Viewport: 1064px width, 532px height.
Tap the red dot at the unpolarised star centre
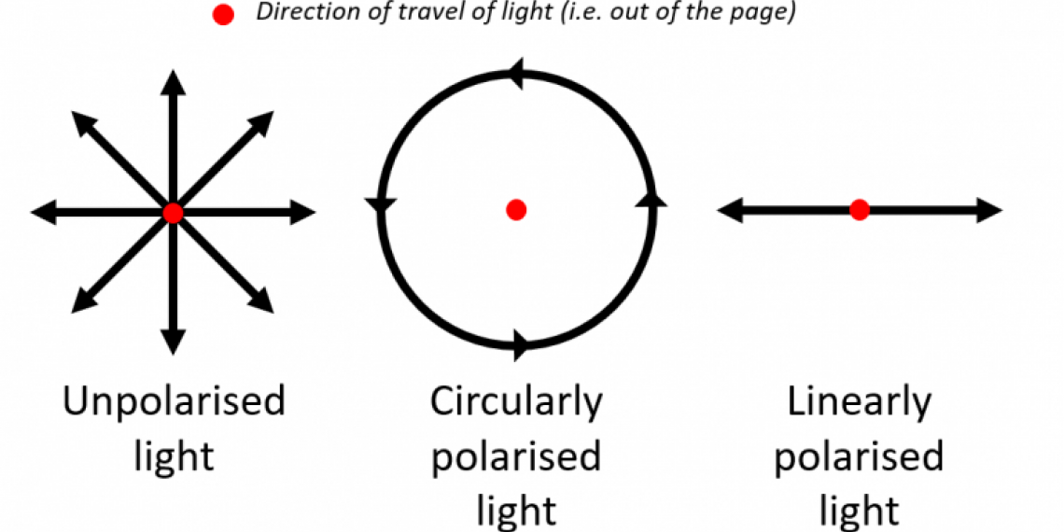click(x=172, y=213)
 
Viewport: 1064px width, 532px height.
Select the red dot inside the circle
click(x=515, y=209)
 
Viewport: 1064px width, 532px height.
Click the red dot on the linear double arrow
click(x=860, y=210)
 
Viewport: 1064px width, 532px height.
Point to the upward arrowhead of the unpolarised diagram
click(x=172, y=81)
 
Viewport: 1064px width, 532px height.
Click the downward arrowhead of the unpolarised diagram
click(x=172, y=343)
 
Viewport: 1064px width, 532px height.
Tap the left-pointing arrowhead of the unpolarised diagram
click(x=43, y=213)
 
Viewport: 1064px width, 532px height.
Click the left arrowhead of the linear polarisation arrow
click(x=730, y=210)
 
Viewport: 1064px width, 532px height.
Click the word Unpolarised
click(x=174, y=402)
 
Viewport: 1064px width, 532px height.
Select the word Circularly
click(x=516, y=402)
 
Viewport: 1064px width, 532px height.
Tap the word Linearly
click(x=859, y=402)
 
